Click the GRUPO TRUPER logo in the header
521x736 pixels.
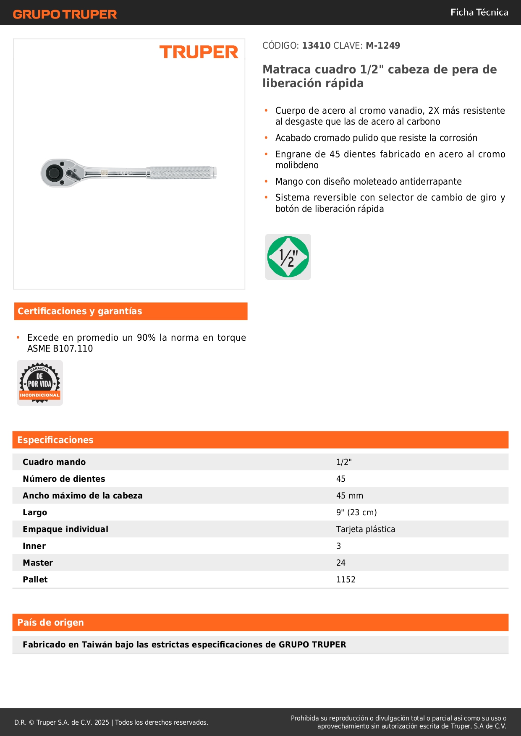(x=65, y=14)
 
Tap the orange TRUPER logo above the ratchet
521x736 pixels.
(x=199, y=52)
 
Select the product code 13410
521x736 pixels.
(x=316, y=45)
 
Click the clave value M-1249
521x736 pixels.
(x=382, y=45)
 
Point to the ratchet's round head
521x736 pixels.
(x=54, y=172)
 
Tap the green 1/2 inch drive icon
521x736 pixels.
(x=288, y=257)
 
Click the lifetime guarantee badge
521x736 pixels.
(x=40, y=383)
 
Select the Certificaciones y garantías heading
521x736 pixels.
(x=80, y=311)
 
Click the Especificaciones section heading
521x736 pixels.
(x=55, y=440)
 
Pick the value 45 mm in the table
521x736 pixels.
(x=349, y=496)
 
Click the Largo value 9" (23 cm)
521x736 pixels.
(x=356, y=512)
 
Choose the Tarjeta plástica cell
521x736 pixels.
(x=365, y=529)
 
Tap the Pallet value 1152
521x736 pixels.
(x=346, y=579)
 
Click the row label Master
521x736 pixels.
(x=38, y=563)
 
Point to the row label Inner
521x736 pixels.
(x=34, y=546)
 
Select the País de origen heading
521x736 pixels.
(x=50, y=622)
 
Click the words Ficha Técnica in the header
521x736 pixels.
(x=479, y=12)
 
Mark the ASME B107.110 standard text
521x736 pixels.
(x=60, y=348)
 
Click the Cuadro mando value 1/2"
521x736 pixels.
(x=344, y=462)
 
